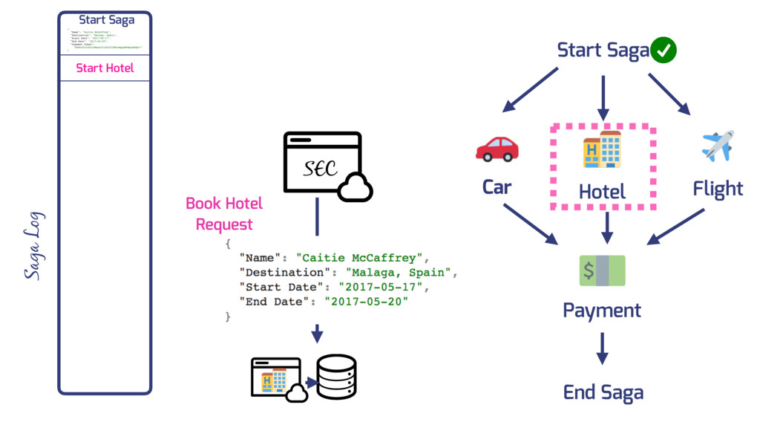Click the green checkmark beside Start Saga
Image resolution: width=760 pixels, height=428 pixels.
(x=663, y=51)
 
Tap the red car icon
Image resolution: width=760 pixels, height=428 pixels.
(x=497, y=149)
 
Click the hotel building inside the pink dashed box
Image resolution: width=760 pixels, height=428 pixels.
(x=602, y=149)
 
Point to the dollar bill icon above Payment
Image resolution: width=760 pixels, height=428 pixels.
(x=602, y=271)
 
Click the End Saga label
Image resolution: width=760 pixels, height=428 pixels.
(x=603, y=392)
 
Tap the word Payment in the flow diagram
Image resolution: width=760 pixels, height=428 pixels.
(x=602, y=310)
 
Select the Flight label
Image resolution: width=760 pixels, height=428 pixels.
(x=718, y=189)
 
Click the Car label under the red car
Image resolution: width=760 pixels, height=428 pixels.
(x=497, y=187)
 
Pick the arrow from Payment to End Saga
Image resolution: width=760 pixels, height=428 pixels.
(x=602, y=348)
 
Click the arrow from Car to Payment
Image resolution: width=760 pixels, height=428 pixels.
(x=530, y=223)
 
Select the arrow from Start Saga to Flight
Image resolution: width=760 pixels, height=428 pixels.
(x=669, y=93)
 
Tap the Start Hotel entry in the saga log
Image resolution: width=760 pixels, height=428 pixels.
(x=105, y=68)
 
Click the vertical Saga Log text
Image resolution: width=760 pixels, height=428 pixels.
(x=33, y=245)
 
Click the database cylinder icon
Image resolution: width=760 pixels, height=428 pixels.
(x=336, y=376)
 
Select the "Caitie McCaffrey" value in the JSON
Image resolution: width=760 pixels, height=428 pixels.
(x=359, y=258)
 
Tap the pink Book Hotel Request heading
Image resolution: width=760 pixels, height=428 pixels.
(x=224, y=213)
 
